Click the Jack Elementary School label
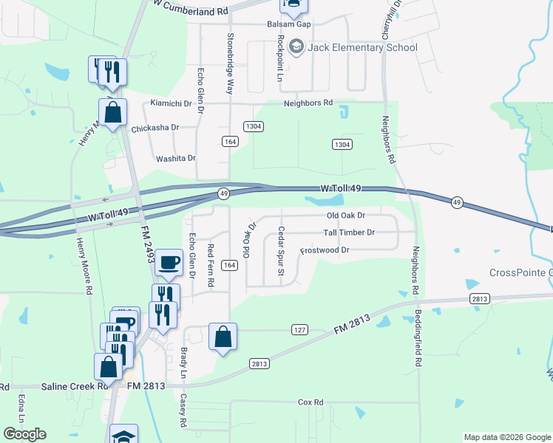click(364, 48)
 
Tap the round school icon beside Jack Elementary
click(297, 48)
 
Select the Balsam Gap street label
click(289, 24)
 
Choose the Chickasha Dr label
click(155, 128)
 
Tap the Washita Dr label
click(175, 158)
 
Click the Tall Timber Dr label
click(349, 233)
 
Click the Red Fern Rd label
click(211, 266)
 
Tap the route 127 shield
click(299, 329)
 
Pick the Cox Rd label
click(311, 402)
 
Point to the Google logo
click(25, 434)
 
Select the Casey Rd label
click(184, 410)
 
